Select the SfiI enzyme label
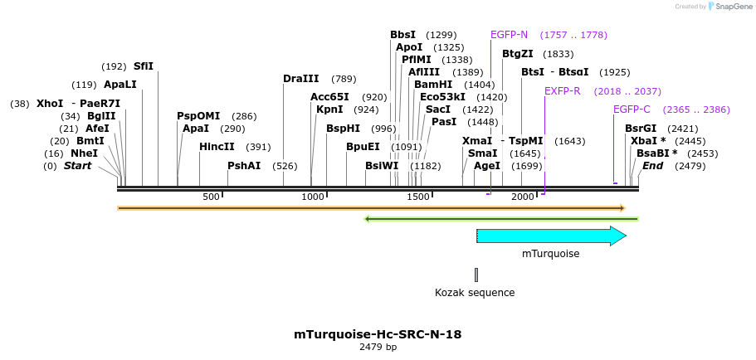click(144, 66)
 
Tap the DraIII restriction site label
click(300, 79)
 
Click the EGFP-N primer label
click(509, 35)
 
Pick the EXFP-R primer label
click(562, 90)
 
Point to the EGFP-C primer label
click(632, 109)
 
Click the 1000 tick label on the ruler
click(313, 197)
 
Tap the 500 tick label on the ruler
click(211, 197)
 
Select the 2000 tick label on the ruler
click(523, 197)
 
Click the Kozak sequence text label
click(475, 293)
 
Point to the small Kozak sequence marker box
click(476, 275)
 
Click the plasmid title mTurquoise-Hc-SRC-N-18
click(378, 334)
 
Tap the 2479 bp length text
click(378, 347)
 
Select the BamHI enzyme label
click(433, 85)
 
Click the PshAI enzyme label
click(244, 166)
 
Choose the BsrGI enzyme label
click(641, 129)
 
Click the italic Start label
click(78, 166)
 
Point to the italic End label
click(652, 166)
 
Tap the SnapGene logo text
click(729, 7)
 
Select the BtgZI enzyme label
click(518, 54)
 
